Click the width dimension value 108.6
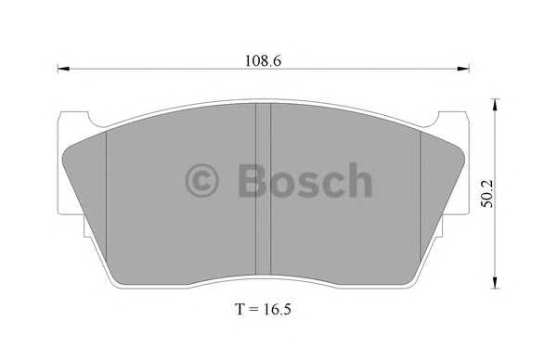tap(263, 60)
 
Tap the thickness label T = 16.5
tap(262, 306)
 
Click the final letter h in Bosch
tap(356, 179)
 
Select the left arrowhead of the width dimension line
tap(64, 68)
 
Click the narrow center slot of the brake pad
tap(263, 186)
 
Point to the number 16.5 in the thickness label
tap(278, 306)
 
